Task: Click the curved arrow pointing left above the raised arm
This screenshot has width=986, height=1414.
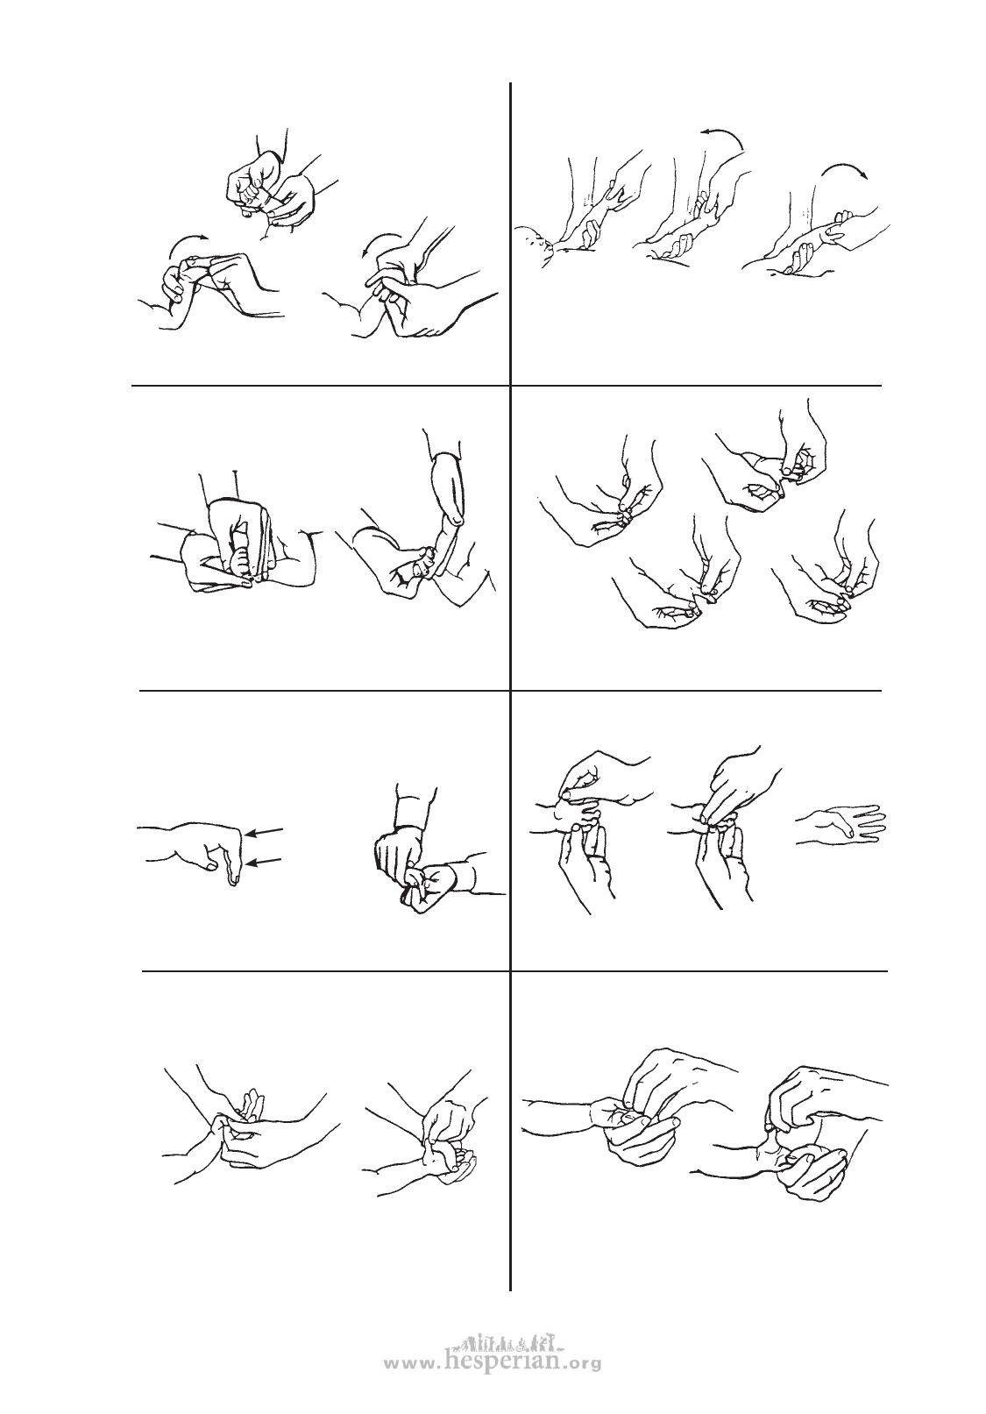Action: click(722, 134)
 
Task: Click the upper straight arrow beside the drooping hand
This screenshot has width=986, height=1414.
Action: click(265, 831)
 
